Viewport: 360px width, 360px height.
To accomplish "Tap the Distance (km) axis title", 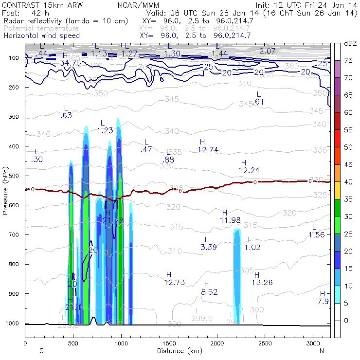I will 178,350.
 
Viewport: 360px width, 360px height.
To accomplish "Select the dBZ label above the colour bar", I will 351,44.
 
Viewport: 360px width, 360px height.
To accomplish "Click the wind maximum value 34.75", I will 70,63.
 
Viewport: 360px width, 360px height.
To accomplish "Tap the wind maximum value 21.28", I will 112,220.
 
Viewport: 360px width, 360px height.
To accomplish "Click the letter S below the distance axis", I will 41,350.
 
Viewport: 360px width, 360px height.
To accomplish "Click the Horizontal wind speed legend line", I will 42,36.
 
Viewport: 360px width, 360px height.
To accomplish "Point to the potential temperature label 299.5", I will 202,318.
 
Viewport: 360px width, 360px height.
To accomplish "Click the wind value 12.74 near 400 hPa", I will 208,149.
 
